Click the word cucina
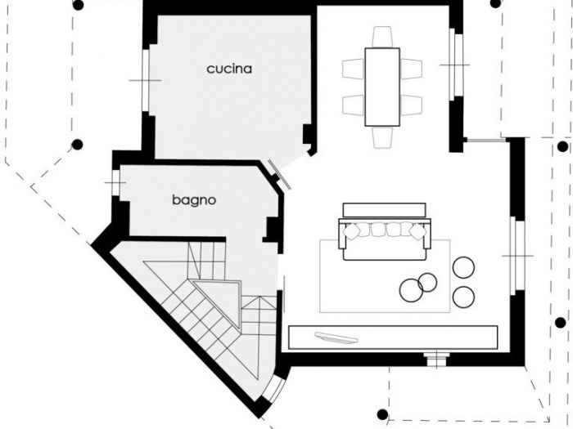point(229,69)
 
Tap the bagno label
point(194,199)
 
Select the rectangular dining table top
point(382,87)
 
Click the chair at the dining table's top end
point(382,37)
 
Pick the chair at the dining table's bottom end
point(382,137)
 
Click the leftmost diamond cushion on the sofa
point(351,230)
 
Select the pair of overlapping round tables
point(418,285)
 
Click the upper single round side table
point(464,267)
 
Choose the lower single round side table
point(463,296)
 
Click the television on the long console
point(336,336)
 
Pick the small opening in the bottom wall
point(437,356)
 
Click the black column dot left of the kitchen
point(77,145)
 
